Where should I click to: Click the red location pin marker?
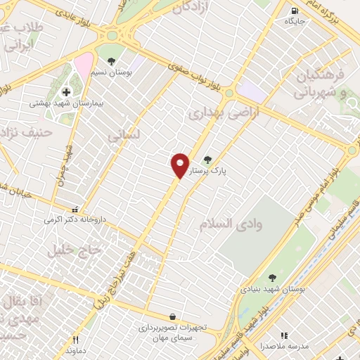(x=181, y=165)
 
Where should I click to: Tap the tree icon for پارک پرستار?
(x=207, y=160)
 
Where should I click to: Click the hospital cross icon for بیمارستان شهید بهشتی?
(x=66, y=92)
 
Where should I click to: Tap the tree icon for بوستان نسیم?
(x=111, y=61)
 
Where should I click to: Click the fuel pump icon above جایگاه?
(x=293, y=10)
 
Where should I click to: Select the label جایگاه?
(x=293, y=21)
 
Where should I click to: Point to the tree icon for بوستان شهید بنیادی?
(x=272, y=278)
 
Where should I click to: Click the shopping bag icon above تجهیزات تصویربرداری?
(x=172, y=316)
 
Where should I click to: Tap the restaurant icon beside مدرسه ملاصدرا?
(x=285, y=336)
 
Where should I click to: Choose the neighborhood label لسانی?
(x=125, y=134)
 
